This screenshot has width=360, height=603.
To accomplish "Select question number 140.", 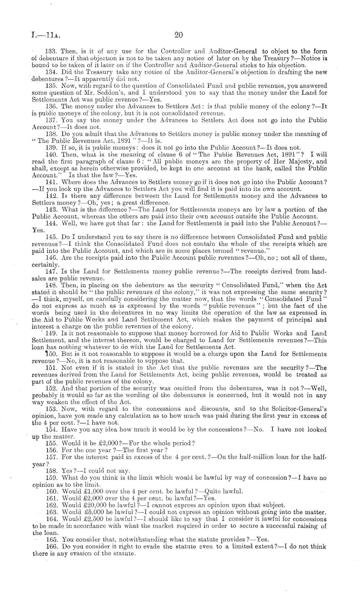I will [x=51, y=155].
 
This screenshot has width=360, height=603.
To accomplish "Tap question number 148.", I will [x=51, y=285].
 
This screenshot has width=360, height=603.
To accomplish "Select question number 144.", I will [x=51, y=224].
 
